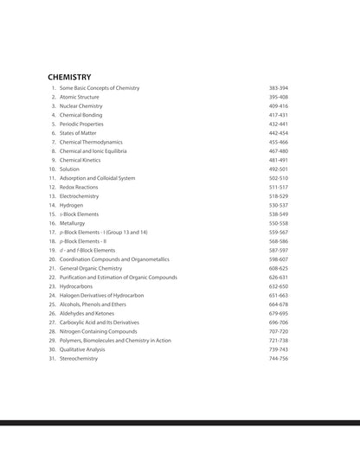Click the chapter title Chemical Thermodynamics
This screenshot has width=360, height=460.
[x=91, y=142]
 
